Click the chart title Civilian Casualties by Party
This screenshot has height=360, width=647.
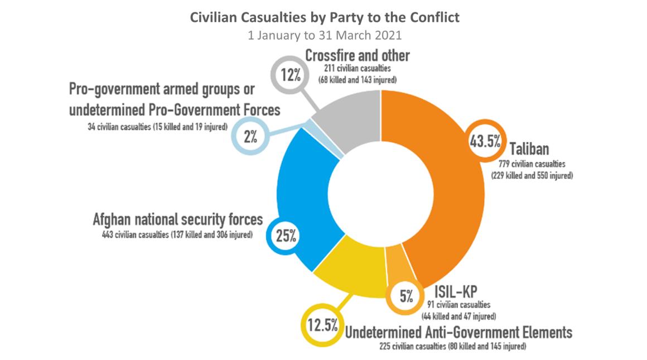pyautogui.click(x=325, y=17)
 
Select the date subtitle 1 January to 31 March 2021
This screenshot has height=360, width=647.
pyautogui.click(x=325, y=34)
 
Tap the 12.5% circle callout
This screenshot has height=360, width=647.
pyautogui.click(x=321, y=325)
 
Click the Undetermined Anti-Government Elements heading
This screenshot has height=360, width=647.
pyautogui.click(x=458, y=333)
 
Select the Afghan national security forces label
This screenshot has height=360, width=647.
pyautogui.click(x=177, y=219)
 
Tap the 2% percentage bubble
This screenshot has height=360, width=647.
pyautogui.click(x=249, y=136)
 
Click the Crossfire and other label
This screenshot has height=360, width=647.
pyautogui.click(x=357, y=56)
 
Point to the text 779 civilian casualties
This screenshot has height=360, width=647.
pyautogui.click(x=532, y=164)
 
